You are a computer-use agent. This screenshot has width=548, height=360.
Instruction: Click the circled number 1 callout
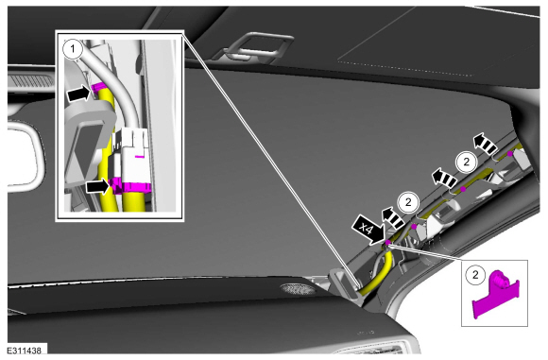[73, 49]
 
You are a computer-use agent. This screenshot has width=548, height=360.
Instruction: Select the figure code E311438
[25, 351]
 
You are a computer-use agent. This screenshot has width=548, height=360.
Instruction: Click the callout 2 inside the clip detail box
[475, 275]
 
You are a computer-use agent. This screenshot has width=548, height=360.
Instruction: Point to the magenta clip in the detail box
[496, 294]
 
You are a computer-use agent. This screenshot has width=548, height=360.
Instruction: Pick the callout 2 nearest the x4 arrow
[408, 202]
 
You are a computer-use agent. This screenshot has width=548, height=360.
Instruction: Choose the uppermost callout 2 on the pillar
[466, 163]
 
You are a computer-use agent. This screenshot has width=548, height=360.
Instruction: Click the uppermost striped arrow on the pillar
[485, 144]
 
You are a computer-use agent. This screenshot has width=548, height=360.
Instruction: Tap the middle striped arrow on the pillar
[445, 177]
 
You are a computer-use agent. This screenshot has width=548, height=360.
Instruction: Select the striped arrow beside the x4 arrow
[393, 217]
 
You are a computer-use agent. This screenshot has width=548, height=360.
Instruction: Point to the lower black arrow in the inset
[99, 186]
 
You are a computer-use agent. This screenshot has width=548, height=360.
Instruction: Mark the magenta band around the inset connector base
[131, 187]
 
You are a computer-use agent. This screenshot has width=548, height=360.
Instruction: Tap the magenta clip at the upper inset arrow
[98, 87]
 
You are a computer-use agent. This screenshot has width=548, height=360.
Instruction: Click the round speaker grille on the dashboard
[298, 288]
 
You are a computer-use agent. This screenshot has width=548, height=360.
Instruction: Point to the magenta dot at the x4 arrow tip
[388, 242]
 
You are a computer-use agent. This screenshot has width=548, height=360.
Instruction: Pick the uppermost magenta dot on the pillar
[510, 153]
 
